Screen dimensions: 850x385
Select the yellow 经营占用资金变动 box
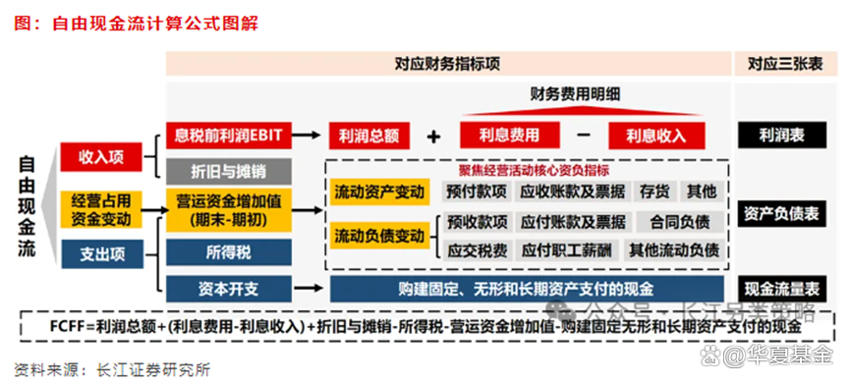(101, 208)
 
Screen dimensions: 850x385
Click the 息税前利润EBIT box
(229, 134)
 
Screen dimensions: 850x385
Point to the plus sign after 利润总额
(433, 136)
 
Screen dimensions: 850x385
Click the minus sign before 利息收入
(583, 134)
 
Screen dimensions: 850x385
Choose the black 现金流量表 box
(783, 289)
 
